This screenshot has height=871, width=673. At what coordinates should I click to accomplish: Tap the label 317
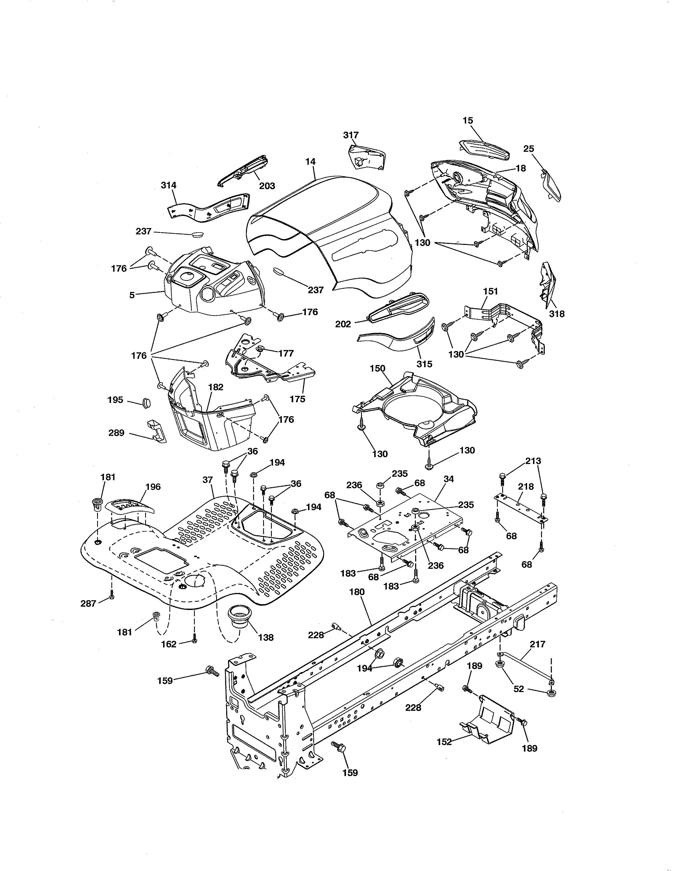tap(351, 135)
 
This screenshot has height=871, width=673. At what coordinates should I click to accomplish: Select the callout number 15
tap(468, 120)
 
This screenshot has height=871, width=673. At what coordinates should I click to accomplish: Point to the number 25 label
tap(528, 149)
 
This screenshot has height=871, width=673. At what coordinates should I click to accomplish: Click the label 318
tap(557, 314)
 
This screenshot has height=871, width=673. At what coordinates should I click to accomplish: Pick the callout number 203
tap(267, 186)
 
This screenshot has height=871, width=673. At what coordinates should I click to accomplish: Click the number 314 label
tap(169, 186)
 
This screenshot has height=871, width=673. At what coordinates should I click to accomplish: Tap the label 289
tap(116, 433)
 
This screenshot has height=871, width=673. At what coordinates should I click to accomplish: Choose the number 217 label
tap(537, 644)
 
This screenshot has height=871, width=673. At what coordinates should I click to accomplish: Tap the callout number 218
tap(526, 486)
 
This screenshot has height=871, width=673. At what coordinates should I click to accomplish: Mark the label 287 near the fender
tap(88, 603)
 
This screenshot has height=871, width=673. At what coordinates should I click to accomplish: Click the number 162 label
tap(168, 644)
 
